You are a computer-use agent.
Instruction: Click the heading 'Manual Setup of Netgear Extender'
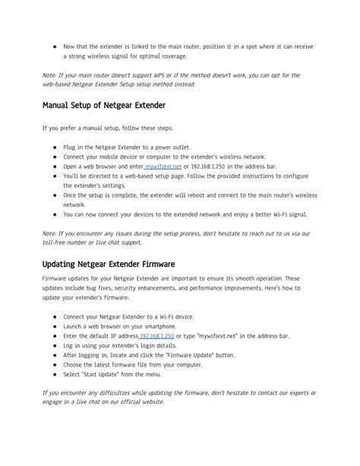click(x=103, y=104)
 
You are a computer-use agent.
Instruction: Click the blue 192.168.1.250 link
click(x=157, y=335)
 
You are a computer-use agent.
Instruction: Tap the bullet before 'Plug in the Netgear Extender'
click(x=55, y=147)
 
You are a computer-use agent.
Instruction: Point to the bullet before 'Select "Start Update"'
click(x=55, y=373)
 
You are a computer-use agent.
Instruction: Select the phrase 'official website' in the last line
click(x=139, y=401)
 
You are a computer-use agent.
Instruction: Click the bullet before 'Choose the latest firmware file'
click(x=55, y=364)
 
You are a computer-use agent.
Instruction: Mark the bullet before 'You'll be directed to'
click(x=55, y=175)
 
